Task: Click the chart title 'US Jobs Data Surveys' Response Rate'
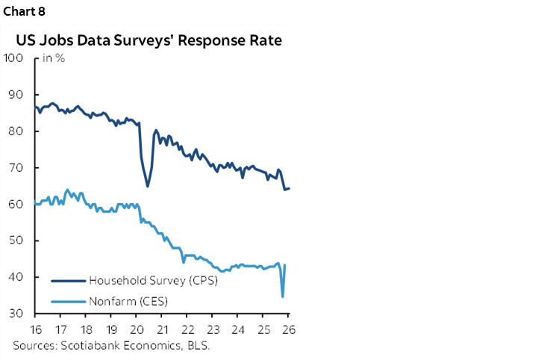(148, 40)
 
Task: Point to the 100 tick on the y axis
(15, 58)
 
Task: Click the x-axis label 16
(35, 329)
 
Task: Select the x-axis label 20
(137, 329)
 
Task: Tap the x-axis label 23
(212, 329)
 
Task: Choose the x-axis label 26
(287, 329)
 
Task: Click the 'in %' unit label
(53, 59)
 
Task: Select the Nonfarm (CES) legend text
(128, 302)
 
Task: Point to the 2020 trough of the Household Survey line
(148, 185)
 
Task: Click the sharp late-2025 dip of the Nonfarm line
(282, 297)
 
